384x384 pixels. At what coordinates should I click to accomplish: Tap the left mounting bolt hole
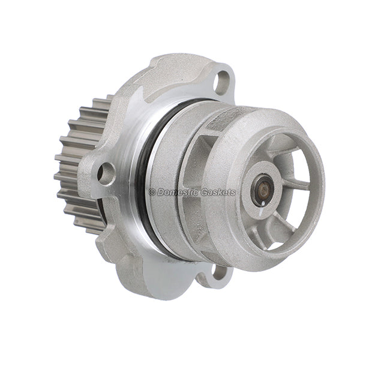click(x=106, y=173)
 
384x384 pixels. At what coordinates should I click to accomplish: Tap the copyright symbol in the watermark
click(x=152, y=193)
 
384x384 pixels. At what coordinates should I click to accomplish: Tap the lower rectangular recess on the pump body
click(x=207, y=231)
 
